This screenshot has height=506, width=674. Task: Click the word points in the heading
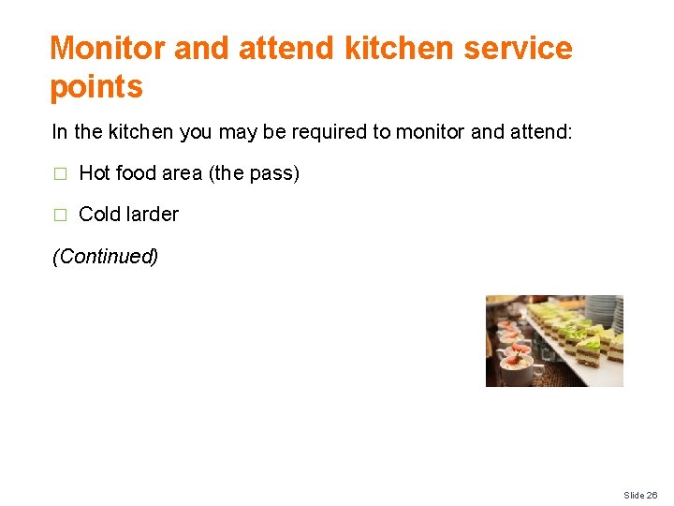tap(95, 87)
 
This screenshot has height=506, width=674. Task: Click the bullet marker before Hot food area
tap(59, 174)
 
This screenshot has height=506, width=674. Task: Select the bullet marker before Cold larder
tap(59, 215)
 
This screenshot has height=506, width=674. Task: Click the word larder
tap(152, 214)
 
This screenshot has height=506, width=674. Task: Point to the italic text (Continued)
tap(105, 256)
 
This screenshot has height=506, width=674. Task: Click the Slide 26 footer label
tap(640, 495)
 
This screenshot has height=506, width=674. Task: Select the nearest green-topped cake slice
tap(590, 353)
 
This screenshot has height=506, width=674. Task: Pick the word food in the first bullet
tap(135, 173)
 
